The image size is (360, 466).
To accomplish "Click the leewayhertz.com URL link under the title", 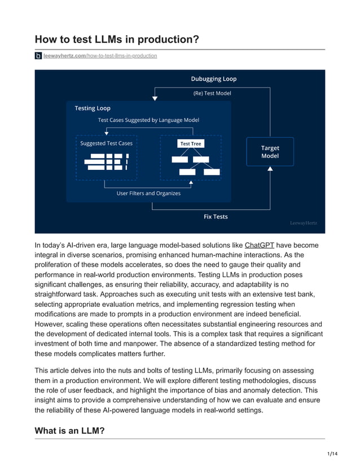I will pyautogui.click(x=100, y=56).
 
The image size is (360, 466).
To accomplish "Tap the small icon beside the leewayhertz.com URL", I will pyautogui.click(x=38, y=56).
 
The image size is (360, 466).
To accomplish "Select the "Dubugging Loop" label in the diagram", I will pyautogui.click(x=213, y=79).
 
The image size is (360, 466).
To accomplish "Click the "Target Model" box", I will pyautogui.click(x=270, y=152).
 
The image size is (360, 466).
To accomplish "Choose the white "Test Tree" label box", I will pyautogui.click(x=190, y=144).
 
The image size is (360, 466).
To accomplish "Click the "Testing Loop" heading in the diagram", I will pyautogui.click(x=93, y=108).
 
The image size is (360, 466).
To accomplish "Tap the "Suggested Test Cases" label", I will pyautogui.click(x=106, y=143).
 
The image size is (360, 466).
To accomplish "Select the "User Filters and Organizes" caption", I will pyautogui.click(x=148, y=193).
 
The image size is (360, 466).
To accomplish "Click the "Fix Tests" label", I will pyautogui.click(x=216, y=217).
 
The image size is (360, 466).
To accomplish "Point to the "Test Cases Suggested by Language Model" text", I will pyautogui.click(x=148, y=120).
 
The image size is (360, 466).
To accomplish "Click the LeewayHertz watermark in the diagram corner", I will pyautogui.click(x=303, y=223).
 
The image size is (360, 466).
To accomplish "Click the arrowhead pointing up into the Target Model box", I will pyautogui.click(x=270, y=169).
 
